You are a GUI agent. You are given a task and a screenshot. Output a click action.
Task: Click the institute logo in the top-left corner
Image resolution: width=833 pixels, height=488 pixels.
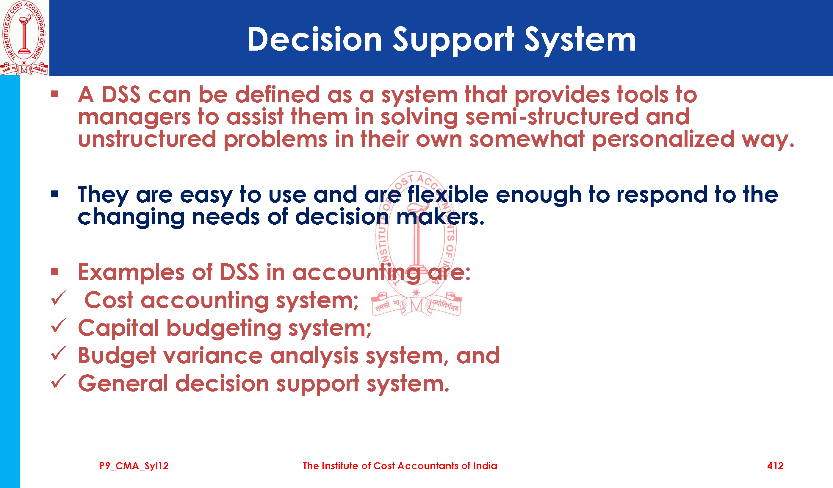[24, 38]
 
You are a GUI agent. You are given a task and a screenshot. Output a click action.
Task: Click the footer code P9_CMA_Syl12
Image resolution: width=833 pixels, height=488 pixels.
[134, 466]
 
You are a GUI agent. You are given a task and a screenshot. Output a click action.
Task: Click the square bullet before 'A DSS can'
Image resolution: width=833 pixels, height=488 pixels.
[55, 95]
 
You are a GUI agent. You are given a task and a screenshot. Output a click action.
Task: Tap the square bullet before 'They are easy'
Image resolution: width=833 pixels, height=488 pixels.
[55, 194]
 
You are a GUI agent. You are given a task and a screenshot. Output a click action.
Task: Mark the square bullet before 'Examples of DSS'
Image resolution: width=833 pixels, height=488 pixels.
[55, 272]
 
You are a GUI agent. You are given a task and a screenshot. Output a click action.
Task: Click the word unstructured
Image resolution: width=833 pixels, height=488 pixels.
[147, 139]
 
